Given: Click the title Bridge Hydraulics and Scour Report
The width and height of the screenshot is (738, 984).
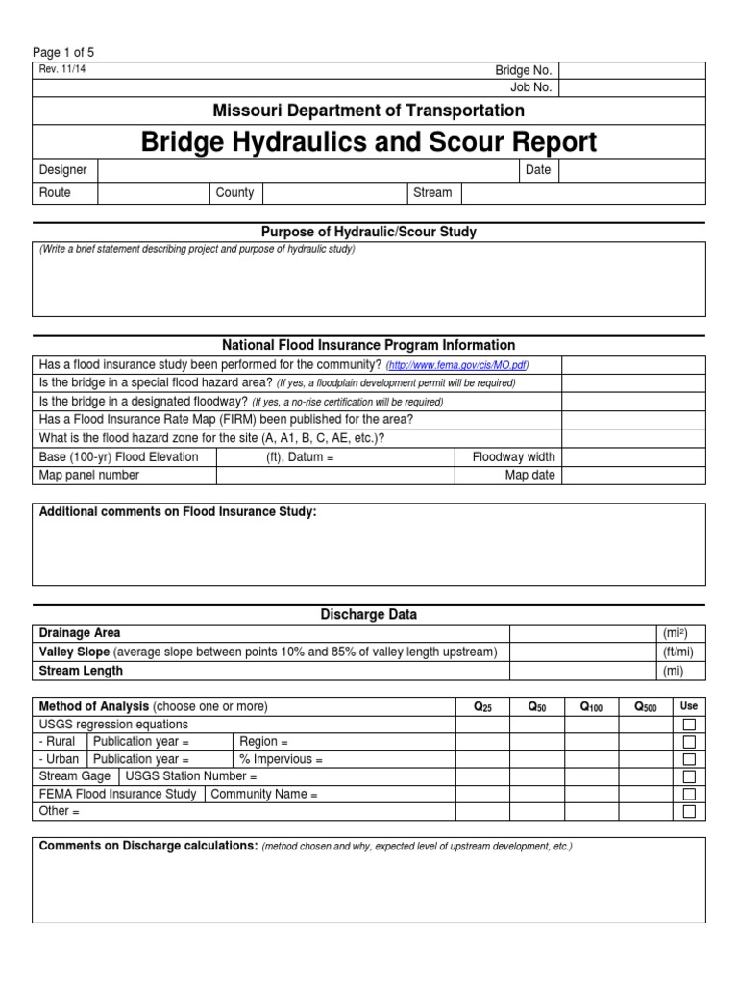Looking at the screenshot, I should point(369,142).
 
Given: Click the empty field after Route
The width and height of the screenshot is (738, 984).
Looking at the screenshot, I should point(153,192).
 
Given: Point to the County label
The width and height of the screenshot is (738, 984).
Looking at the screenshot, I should point(234,192).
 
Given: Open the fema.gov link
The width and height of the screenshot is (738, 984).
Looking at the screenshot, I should point(457,366).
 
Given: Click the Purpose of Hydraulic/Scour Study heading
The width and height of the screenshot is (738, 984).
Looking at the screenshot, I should point(369,232).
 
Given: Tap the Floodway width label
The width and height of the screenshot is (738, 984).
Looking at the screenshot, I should point(513,457).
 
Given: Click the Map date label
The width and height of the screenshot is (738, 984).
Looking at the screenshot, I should point(530,475).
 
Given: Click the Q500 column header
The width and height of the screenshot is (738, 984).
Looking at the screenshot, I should point(646,706).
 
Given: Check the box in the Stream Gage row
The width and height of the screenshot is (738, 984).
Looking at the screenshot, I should point(689,776).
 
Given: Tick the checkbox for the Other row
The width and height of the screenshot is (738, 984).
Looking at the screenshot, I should point(689,811).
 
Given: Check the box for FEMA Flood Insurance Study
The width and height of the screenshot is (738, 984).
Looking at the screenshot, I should point(689,794).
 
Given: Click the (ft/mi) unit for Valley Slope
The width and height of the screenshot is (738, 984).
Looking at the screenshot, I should point(677,652).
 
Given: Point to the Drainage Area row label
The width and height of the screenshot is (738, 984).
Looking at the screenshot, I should point(80,633).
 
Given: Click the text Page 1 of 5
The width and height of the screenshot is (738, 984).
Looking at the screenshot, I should point(63,53).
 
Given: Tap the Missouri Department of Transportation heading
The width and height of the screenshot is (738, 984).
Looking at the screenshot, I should point(369,111).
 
